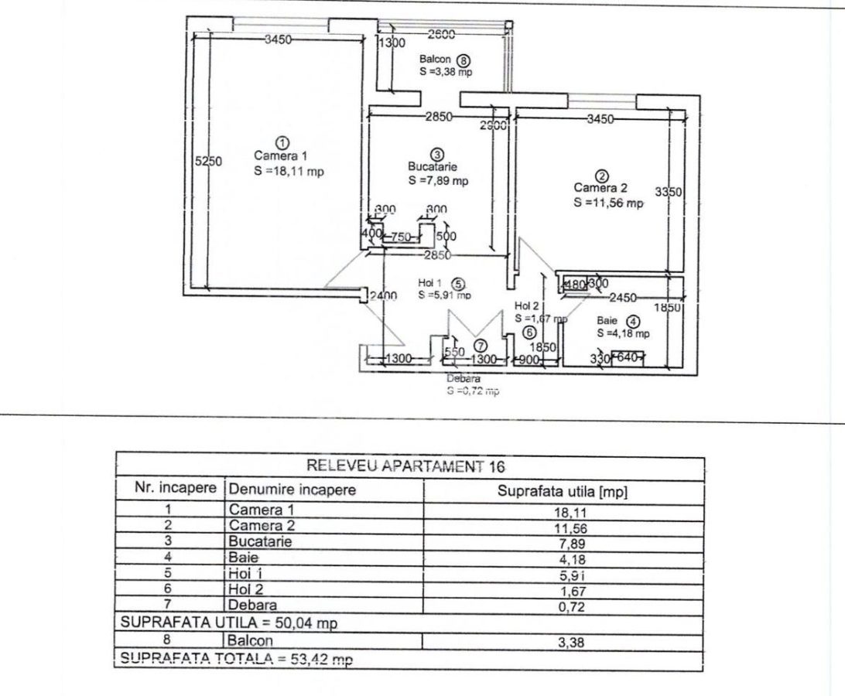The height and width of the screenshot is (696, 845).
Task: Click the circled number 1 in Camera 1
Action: click(x=282, y=143)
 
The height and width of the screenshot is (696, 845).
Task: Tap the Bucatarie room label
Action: click(x=433, y=166)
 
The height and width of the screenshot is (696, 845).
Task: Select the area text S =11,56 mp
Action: click(x=608, y=203)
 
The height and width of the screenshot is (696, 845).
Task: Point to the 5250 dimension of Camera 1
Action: click(x=208, y=161)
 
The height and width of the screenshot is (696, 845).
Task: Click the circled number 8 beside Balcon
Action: click(x=464, y=60)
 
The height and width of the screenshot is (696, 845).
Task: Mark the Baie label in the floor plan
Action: click(x=607, y=321)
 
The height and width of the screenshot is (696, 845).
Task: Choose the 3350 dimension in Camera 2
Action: click(x=669, y=192)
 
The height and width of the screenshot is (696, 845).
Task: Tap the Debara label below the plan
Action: click(x=464, y=379)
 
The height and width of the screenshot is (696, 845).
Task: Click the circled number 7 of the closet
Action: click(x=480, y=346)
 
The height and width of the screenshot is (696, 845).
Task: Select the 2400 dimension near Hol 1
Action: click(x=384, y=295)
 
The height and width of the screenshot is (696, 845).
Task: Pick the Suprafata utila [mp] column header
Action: click(x=563, y=491)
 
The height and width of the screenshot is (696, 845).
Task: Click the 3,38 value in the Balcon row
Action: click(x=563, y=641)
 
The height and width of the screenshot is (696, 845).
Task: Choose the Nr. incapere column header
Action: click(x=169, y=490)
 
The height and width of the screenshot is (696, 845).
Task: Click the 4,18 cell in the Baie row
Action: click(x=563, y=558)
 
